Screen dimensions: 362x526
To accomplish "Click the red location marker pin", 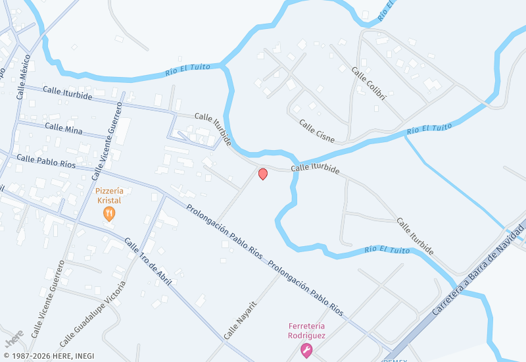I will point(263,174).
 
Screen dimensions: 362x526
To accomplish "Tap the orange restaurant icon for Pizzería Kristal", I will point(109,213).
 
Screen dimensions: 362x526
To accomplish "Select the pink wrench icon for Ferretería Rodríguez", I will point(306,351).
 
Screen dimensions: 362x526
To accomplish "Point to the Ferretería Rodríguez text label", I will point(306,330).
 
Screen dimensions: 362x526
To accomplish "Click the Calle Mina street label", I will point(64,128).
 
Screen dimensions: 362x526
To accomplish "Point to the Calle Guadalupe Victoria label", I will point(92,315).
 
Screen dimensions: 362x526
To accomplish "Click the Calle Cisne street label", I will point(317,131).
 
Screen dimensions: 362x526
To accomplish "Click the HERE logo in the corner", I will point(14,338).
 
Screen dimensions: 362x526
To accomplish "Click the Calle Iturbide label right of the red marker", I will point(315,168).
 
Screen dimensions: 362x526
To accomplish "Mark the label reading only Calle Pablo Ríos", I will point(46,161).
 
